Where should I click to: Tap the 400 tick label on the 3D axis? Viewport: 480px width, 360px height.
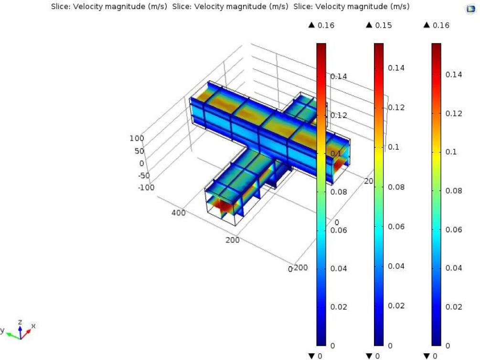(x=178, y=213)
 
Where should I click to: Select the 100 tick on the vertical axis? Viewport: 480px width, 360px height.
(x=137, y=138)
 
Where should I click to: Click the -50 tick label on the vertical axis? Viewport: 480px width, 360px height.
(x=143, y=175)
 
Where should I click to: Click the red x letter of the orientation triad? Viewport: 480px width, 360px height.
(x=33, y=326)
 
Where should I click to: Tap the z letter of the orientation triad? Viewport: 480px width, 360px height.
(x=20, y=322)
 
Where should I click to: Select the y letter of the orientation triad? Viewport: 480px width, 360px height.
(x=2, y=330)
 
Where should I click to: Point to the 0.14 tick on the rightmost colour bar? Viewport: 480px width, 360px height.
(x=454, y=75)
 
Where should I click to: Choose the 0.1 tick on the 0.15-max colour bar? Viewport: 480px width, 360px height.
(x=394, y=147)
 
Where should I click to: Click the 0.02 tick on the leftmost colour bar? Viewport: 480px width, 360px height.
(x=339, y=306)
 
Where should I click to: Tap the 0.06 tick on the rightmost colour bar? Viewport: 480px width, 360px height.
(x=454, y=229)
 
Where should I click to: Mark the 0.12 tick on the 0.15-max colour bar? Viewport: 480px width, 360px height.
(x=396, y=107)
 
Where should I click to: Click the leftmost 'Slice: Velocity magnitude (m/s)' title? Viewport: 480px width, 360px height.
(x=109, y=6)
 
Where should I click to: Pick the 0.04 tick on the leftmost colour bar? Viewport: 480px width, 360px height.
(x=339, y=268)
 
